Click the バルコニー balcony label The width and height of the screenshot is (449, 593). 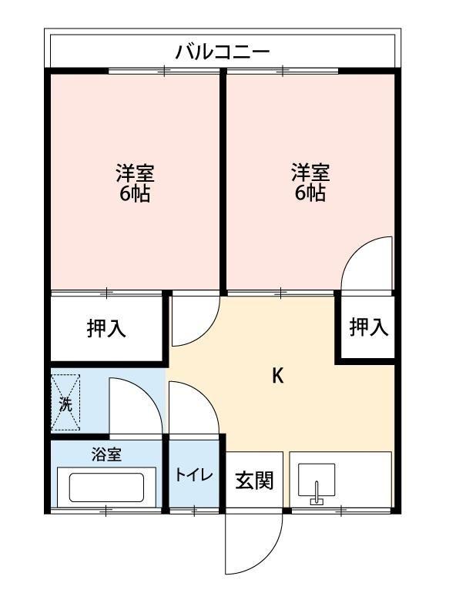tap(222, 52)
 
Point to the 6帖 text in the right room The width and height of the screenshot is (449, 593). tap(310, 193)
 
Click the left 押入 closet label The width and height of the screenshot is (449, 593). tap(106, 329)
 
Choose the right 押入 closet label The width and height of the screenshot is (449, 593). tap(368, 327)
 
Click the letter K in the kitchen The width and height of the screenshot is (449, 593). tap(278, 376)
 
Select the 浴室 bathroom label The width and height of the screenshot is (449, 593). tap(106, 454)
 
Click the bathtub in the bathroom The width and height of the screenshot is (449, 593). tap(106, 487)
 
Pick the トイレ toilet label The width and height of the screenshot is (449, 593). tap(194, 474)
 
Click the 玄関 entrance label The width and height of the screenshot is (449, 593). tap(253, 481)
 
